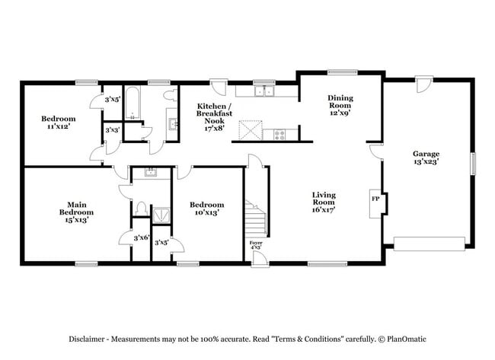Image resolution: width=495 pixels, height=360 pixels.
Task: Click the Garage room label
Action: click(x=425, y=157)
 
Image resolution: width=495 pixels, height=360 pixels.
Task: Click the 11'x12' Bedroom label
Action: click(x=58, y=123)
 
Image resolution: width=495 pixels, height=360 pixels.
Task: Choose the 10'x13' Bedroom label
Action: click(x=206, y=209)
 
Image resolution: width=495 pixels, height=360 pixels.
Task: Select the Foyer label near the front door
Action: click(x=256, y=245)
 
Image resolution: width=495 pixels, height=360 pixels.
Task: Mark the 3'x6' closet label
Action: click(x=140, y=238)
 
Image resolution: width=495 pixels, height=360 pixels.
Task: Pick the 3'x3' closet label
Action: click(x=112, y=130)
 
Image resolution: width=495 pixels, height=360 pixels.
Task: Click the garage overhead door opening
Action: click(x=430, y=244)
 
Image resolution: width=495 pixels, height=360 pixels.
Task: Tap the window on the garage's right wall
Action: click(x=473, y=163)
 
